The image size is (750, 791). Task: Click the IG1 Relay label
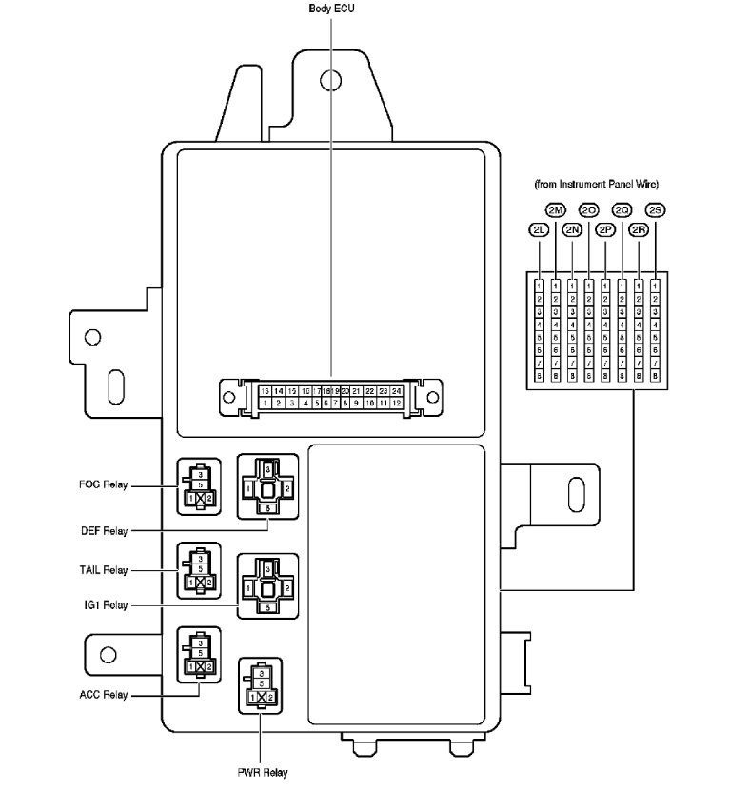(x=104, y=604)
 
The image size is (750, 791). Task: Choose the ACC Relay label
(x=103, y=694)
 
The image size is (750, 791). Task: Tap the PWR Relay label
(x=262, y=772)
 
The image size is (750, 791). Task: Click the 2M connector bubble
(x=556, y=209)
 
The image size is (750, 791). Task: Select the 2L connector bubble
(x=539, y=229)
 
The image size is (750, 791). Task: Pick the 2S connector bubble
(x=655, y=209)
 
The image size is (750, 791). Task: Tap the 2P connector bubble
(x=605, y=229)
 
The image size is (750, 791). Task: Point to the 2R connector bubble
(x=639, y=229)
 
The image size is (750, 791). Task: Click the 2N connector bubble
(x=572, y=229)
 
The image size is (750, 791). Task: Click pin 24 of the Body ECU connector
(x=396, y=390)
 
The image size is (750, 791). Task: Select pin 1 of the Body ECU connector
(x=266, y=404)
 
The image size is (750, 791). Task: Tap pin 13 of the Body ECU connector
(x=266, y=390)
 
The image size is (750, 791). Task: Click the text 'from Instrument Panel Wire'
(x=597, y=183)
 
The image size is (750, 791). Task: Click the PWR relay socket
(x=260, y=686)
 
